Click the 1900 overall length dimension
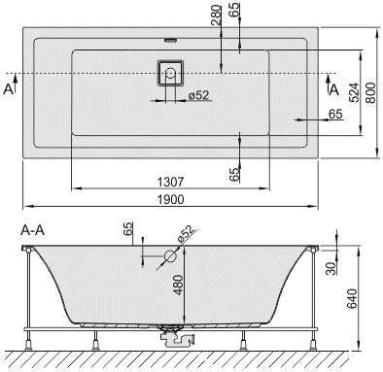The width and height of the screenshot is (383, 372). (x=171, y=199)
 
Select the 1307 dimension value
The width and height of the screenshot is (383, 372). (x=170, y=182)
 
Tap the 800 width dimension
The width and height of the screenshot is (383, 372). (x=371, y=93)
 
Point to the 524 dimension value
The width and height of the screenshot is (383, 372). (x=355, y=93)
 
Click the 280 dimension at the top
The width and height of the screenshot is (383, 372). (x=216, y=16)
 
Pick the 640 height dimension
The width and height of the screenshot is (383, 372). (x=352, y=298)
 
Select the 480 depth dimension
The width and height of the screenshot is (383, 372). (x=178, y=285)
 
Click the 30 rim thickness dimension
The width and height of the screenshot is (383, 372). (x=331, y=268)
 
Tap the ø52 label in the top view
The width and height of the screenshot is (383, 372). (x=198, y=95)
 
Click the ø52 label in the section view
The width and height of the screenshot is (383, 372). (x=187, y=233)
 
